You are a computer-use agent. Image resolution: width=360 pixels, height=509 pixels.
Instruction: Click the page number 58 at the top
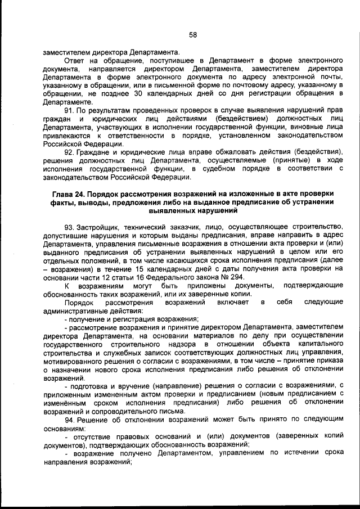click(x=193, y=35)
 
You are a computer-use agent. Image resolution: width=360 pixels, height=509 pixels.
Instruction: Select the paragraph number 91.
click(x=70, y=111)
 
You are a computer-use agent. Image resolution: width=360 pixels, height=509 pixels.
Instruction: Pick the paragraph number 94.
click(x=70, y=421)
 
